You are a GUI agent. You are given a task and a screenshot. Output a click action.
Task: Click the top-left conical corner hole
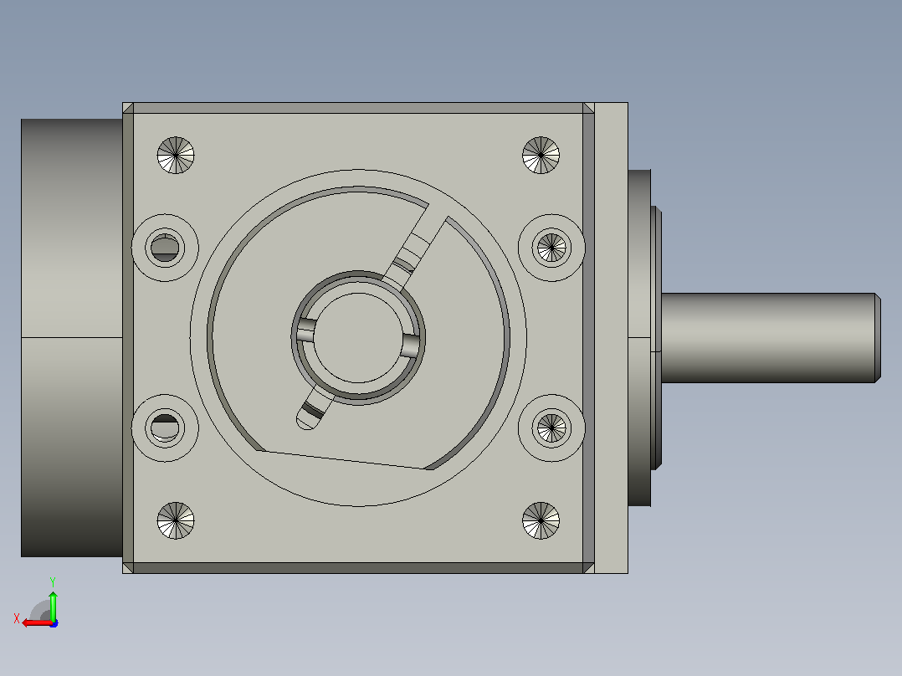pos(176,156)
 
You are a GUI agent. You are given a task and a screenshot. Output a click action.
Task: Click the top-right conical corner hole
pos(541,156)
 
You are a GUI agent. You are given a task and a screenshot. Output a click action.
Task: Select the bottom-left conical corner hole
pos(176,520)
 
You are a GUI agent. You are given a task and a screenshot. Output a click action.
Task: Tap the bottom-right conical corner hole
pos(541,520)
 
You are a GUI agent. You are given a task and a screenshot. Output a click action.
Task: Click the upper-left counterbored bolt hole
pos(165,248)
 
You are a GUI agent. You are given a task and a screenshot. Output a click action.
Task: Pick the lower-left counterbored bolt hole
pos(165,428)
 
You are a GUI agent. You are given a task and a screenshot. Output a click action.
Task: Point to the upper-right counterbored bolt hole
pos(551,248)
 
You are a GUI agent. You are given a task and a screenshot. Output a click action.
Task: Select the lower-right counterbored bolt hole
pos(551,428)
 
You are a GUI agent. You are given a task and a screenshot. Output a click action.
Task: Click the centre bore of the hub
pos(358,338)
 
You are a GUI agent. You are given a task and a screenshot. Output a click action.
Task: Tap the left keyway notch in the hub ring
pos(305,330)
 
